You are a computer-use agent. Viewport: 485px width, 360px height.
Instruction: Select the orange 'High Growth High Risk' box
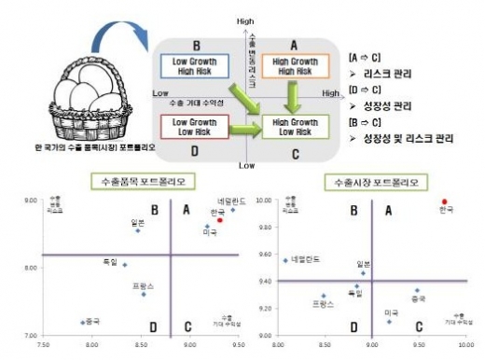click(293, 66)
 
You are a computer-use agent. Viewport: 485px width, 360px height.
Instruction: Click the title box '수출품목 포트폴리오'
click(130, 181)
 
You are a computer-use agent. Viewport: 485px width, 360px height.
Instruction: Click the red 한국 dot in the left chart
click(220, 220)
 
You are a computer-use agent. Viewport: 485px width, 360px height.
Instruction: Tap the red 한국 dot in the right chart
click(446, 201)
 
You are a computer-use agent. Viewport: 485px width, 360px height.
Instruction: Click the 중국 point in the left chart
click(82, 322)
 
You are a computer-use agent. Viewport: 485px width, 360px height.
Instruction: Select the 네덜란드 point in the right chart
click(285, 260)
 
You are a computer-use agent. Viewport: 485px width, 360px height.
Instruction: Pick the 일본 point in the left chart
click(138, 230)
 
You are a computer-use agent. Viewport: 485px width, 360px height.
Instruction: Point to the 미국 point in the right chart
click(390, 322)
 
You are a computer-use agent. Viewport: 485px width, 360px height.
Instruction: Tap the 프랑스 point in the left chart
click(144, 294)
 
